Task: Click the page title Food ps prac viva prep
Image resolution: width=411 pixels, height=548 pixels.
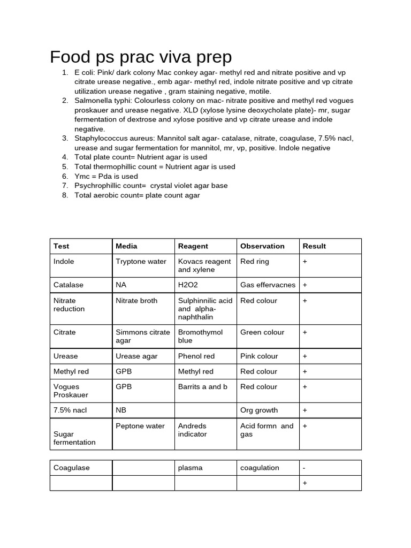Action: [x=141, y=57]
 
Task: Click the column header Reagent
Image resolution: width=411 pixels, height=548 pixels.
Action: [x=193, y=246]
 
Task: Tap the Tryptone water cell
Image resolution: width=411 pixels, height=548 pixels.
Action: [x=141, y=262]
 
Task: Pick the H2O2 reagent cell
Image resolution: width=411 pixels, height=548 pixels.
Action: [x=188, y=285]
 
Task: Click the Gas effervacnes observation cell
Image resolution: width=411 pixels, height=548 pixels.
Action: [x=268, y=285]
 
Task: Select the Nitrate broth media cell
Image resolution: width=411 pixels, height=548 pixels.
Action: [x=136, y=301]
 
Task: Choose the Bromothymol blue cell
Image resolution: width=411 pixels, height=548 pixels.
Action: [x=200, y=336]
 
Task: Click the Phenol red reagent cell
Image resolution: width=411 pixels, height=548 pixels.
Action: [x=196, y=356]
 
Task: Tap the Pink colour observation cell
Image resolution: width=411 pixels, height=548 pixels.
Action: [x=259, y=356]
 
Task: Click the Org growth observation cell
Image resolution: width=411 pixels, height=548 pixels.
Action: [x=259, y=410]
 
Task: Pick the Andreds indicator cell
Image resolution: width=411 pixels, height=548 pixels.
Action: [x=192, y=430]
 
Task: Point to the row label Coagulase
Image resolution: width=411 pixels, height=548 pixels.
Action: [x=72, y=468]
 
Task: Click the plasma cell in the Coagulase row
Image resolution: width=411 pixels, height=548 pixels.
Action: [x=190, y=468]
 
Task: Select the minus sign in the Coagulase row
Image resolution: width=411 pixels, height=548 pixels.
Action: [x=304, y=468]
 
